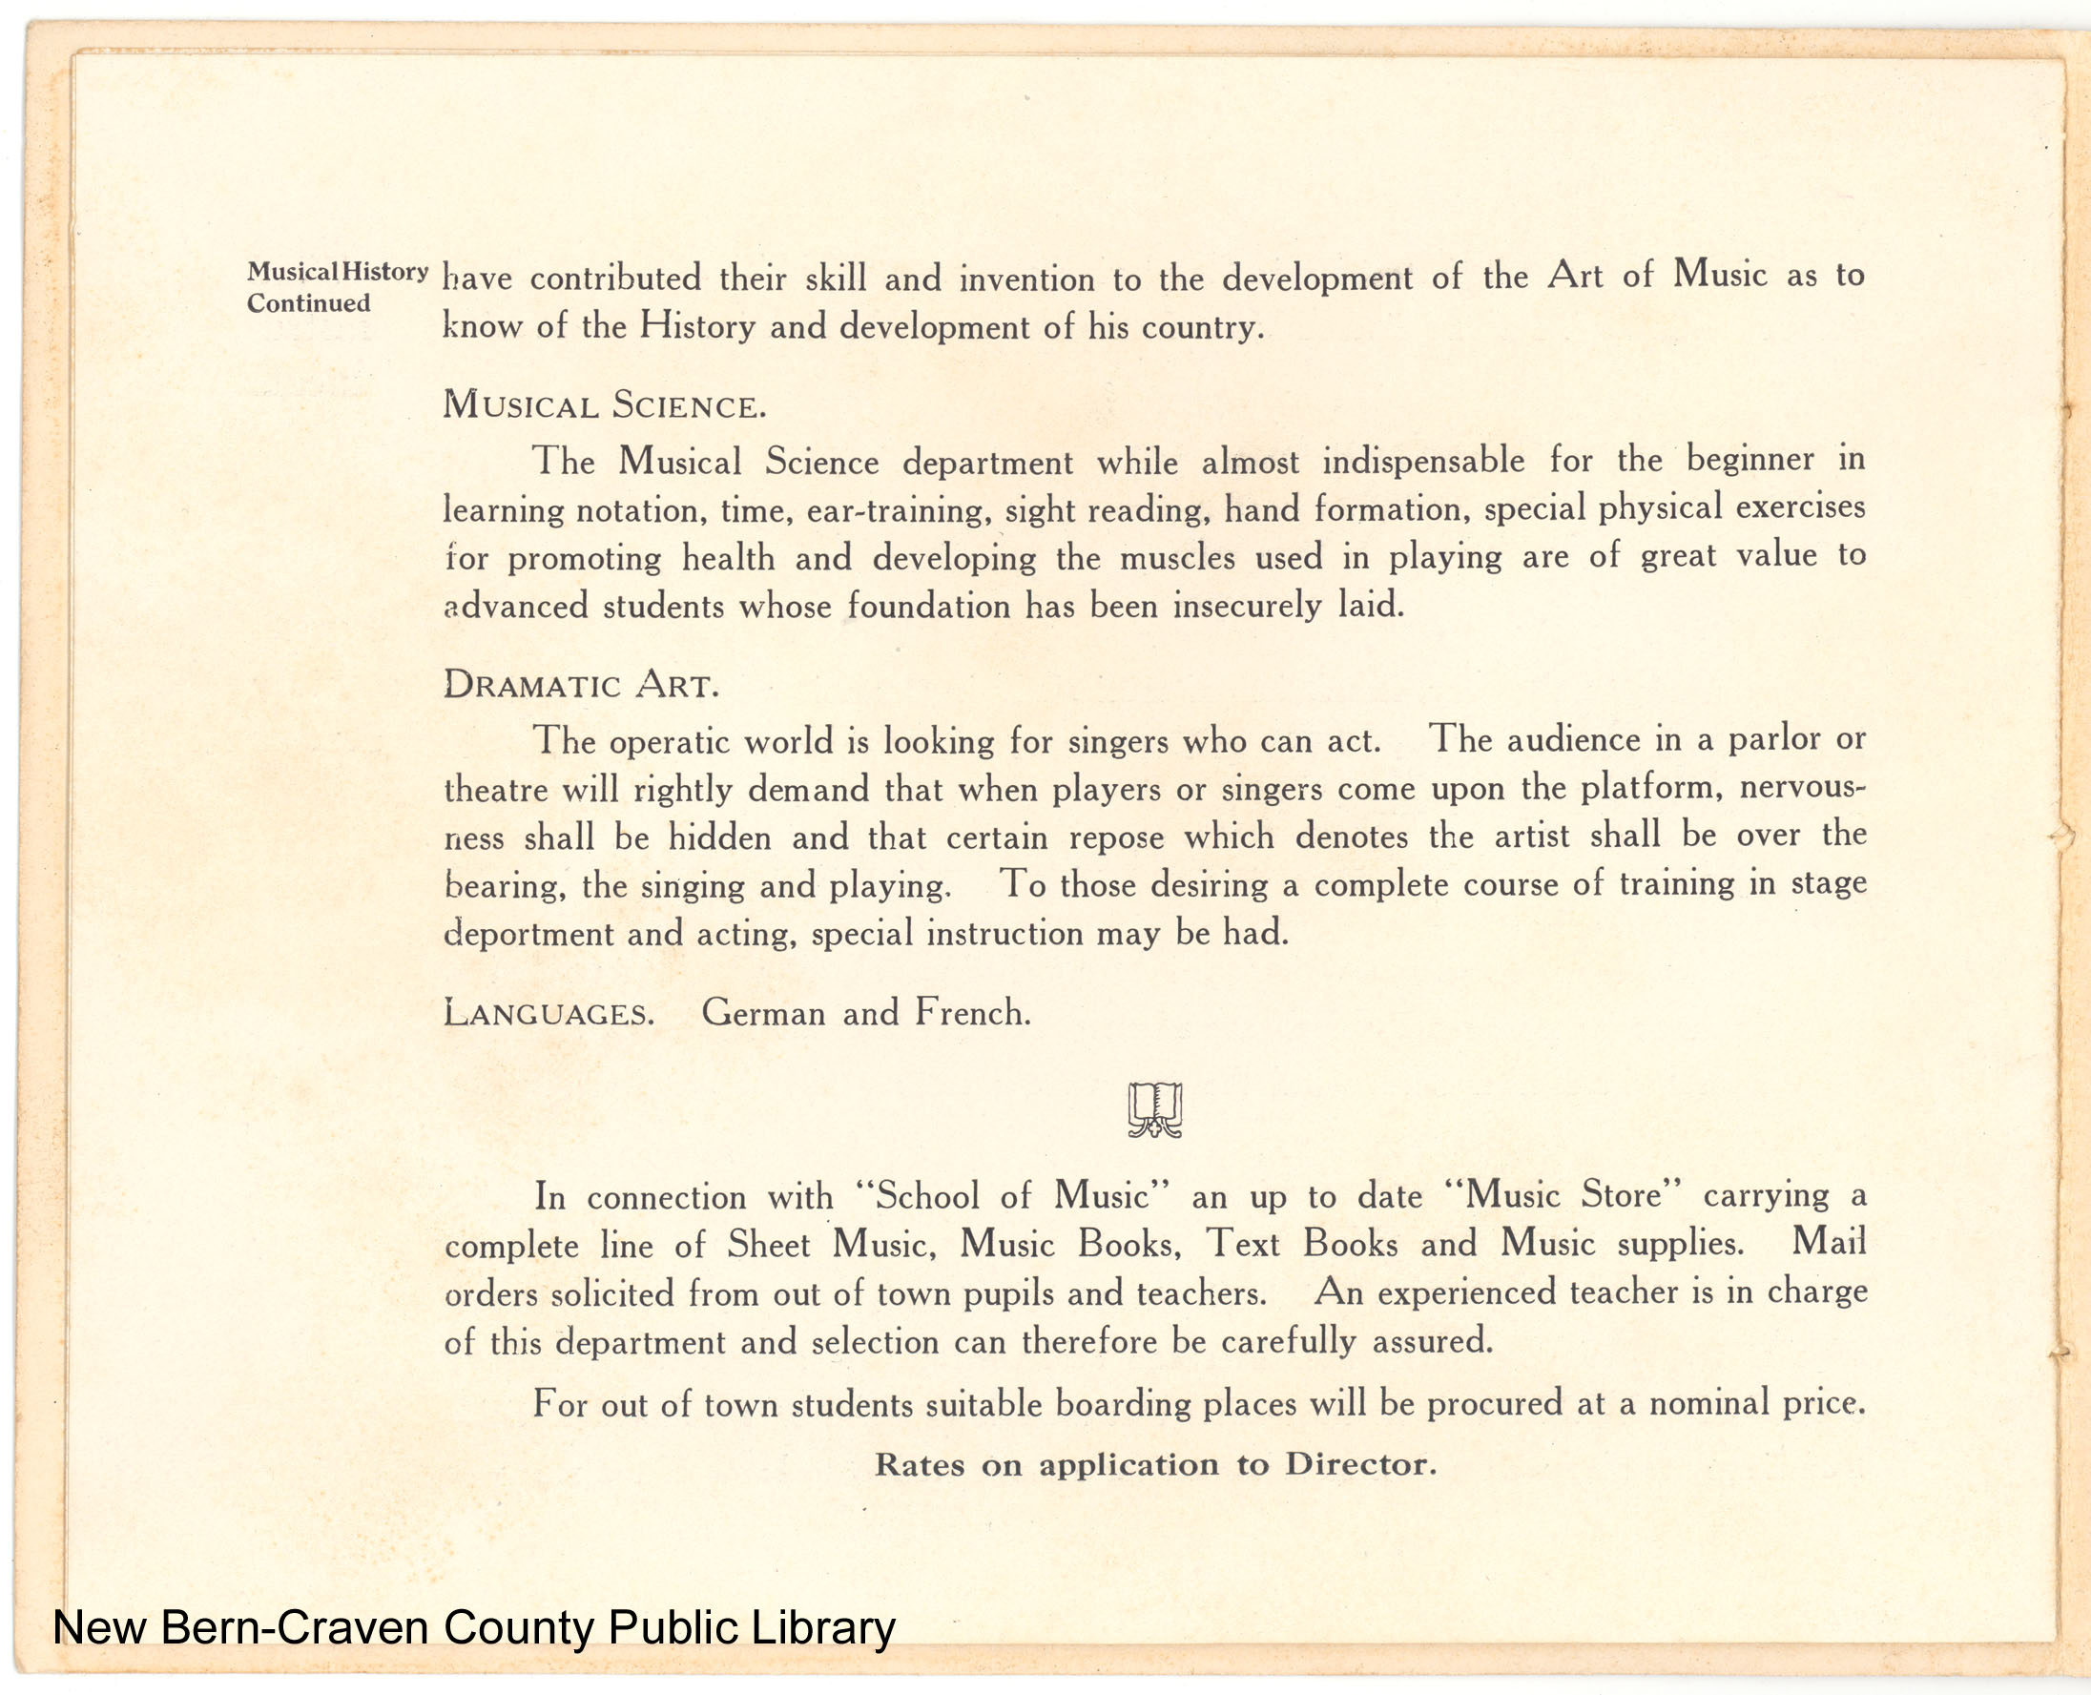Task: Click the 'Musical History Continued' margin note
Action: click(337, 287)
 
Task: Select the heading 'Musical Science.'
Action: click(604, 405)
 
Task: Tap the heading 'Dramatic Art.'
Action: click(581, 686)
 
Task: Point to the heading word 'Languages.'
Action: click(549, 1014)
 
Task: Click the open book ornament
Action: click(1155, 1110)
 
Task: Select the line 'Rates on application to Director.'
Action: click(1155, 1464)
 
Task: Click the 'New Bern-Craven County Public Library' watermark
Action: click(474, 1627)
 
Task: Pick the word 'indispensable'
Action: click(1423, 460)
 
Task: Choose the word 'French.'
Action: click(972, 1012)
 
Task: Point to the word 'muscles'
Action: click(1177, 557)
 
